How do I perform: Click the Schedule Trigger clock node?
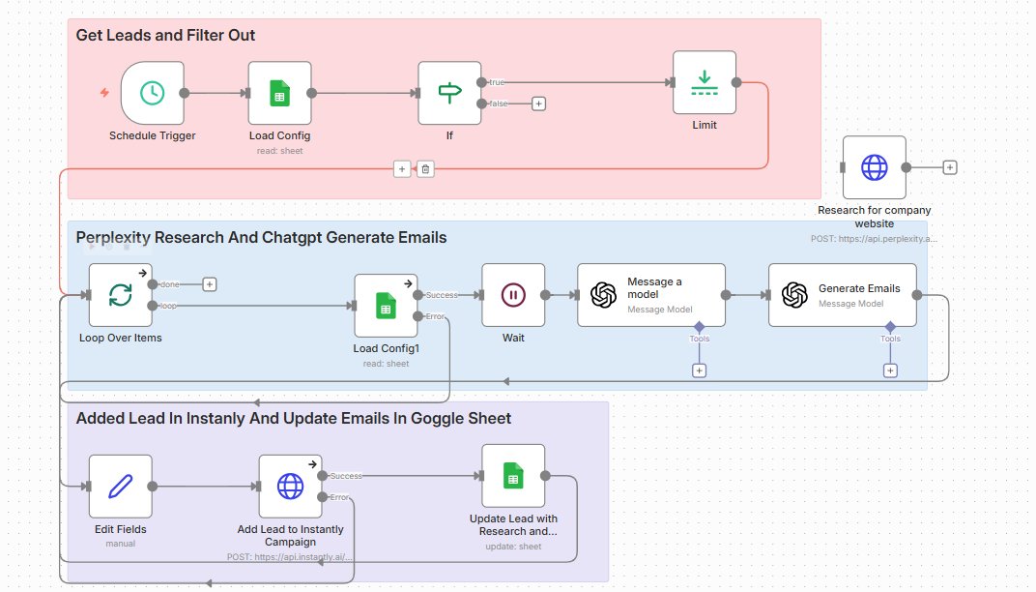click(152, 93)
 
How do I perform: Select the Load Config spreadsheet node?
click(279, 93)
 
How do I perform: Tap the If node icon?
click(449, 93)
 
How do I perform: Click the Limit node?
click(705, 82)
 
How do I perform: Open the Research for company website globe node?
click(874, 167)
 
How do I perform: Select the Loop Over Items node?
click(121, 295)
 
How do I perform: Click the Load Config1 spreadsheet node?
click(386, 306)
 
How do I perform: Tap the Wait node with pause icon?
click(513, 295)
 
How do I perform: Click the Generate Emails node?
click(842, 295)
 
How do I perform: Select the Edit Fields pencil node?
click(121, 486)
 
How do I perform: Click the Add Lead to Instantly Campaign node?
click(290, 486)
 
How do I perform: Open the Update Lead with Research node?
click(513, 476)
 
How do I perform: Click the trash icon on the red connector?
click(425, 169)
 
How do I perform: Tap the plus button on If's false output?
click(538, 104)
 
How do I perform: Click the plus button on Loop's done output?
click(209, 284)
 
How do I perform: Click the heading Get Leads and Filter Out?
click(165, 36)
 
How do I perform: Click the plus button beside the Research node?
click(949, 167)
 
